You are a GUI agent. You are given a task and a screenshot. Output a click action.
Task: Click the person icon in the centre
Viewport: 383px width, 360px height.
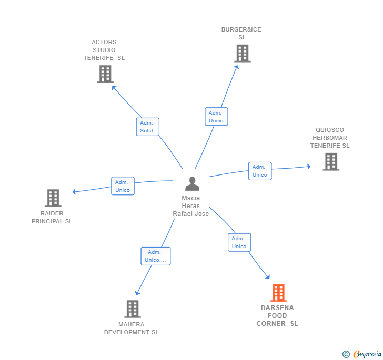pos(192,183)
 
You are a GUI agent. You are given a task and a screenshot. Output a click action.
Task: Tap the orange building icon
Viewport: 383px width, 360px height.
pos(278,293)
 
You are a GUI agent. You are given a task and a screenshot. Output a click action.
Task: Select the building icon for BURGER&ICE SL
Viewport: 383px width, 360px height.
pos(243,54)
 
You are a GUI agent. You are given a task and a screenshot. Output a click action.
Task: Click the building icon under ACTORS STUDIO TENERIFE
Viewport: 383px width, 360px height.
pos(105,74)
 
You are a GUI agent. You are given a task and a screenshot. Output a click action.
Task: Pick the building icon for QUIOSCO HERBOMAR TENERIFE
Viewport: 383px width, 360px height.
pos(331,161)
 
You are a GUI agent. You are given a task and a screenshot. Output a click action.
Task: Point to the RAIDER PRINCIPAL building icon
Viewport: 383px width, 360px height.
pos(53,198)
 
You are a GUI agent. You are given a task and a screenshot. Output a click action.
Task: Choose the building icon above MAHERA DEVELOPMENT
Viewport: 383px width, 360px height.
pos(133,308)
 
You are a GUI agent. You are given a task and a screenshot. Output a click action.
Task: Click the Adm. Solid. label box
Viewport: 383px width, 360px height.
pos(147,127)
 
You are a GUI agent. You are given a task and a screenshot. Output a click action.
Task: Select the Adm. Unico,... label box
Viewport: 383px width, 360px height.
pos(156,256)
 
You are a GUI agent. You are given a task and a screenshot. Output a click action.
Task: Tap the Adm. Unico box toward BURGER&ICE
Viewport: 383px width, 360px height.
pos(216,117)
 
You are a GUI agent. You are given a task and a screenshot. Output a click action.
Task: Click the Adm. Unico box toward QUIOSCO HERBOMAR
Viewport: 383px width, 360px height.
pos(260,171)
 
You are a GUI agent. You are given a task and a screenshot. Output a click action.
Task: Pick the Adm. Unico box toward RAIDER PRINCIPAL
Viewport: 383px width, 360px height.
pos(123,186)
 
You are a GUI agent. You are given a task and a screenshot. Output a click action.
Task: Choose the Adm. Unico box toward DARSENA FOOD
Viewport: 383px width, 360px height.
pos(239,242)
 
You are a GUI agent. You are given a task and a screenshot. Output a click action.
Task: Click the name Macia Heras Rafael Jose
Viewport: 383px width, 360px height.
pos(191,205)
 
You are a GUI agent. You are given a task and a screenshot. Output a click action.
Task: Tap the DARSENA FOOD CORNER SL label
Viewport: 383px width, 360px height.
pos(277,315)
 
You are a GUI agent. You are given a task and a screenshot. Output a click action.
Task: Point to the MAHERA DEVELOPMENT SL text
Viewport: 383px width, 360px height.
pos(132,328)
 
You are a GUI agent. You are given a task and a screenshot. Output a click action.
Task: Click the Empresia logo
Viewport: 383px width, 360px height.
pos(362,354)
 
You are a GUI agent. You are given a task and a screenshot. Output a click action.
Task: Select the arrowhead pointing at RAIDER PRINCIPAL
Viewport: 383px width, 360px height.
pos(74,192)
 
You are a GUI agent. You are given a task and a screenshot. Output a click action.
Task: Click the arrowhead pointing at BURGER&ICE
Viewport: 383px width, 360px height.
pos(236,67)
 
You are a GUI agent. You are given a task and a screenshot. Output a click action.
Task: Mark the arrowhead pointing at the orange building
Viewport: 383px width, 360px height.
pos(268,277)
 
